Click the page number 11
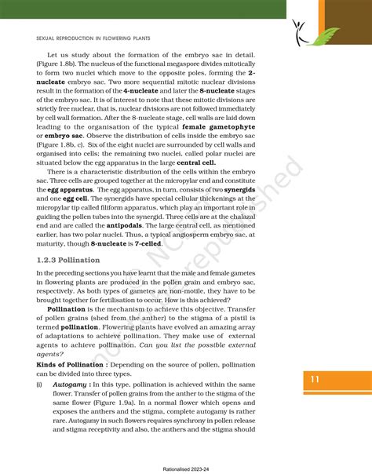tap(314, 380)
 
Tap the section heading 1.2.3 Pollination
tap(69, 259)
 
